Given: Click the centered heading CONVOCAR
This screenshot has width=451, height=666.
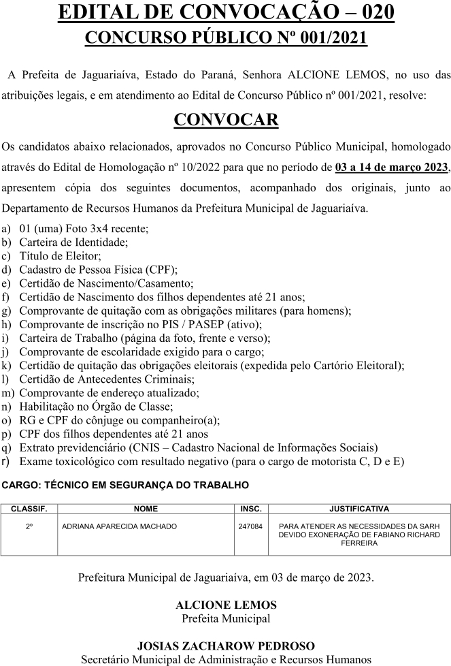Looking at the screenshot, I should [x=226, y=119].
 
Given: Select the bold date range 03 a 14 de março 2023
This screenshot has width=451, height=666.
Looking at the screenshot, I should [x=392, y=167].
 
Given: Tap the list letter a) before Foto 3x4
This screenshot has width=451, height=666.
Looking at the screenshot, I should [x=7, y=229].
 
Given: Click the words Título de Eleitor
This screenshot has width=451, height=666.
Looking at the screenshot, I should [x=60, y=256].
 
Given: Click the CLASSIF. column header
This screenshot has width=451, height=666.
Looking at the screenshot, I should [x=29, y=508].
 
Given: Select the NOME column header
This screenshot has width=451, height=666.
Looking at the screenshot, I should [x=146, y=508].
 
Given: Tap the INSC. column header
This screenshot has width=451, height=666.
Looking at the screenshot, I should [x=250, y=508].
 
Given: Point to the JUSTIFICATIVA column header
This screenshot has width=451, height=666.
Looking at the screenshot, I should [x=358, y=508].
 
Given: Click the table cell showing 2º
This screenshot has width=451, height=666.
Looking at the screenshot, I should [x=29, y=526].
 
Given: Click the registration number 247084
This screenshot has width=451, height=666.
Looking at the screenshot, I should [x=250, y=526].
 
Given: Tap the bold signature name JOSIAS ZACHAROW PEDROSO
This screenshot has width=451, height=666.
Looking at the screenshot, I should [x=226, y=646].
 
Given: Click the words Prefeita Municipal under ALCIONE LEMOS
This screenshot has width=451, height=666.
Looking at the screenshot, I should [x=226, y=618].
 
